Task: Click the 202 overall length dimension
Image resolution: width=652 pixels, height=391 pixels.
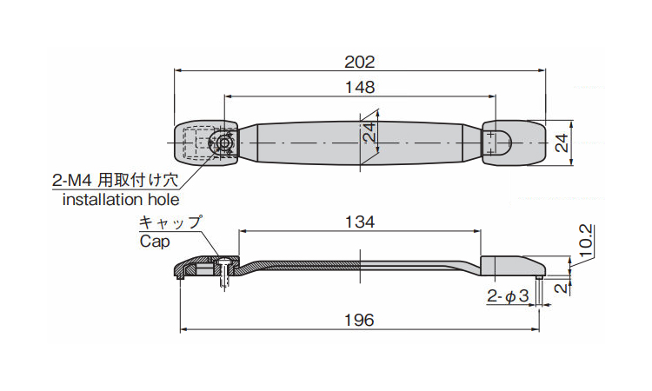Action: click(360, 63)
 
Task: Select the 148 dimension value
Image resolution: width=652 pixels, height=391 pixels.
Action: click(360, 87)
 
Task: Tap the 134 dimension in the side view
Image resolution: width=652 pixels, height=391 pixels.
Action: click(360, 222)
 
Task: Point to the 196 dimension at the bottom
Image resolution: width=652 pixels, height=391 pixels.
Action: click(360, 321)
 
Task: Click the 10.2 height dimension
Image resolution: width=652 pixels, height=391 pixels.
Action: click(585, 242)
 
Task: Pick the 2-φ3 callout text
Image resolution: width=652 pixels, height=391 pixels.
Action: click(508, 295)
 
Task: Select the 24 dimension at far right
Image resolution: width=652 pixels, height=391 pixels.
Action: click(562, 143)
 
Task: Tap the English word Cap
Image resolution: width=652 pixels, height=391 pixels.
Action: click(155, 242)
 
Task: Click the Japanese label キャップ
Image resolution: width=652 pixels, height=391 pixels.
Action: click(170, 222)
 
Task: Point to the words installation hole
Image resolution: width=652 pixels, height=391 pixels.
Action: click(121, 200)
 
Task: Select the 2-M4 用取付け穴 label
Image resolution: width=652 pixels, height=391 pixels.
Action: click(115, 181)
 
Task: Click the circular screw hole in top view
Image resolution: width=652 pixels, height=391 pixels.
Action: click(224, 143)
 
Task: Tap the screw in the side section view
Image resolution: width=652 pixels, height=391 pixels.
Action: click(224, 272)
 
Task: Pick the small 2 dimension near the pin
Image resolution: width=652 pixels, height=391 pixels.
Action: click(562, 287)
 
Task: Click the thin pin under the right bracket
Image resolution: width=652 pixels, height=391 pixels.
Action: click(539, 291)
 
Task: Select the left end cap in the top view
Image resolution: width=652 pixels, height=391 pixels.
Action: click(205, 143)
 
